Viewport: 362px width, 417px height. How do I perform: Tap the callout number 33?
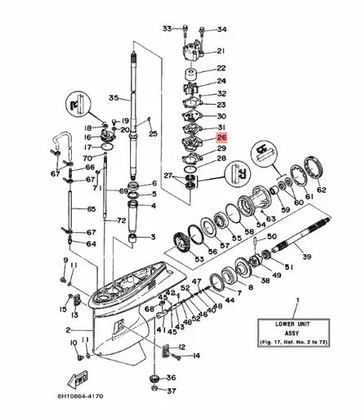pyautogui.click(x=166, y=29)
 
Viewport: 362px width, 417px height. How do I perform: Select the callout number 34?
pyautogui.click(x=222, y=29)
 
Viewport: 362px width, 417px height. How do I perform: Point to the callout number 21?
pyautogui.click(x=221, y=51)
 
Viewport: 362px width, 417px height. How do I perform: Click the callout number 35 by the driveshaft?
pyautogui.click(x=114, y=97)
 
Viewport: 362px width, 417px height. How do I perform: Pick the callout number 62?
pyautogui.click(x=321, y=190)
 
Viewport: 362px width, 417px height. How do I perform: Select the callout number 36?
pyautogui.click(x=170, y=378)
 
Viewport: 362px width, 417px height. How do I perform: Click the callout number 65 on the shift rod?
pyautogui.click(x=79, y=209)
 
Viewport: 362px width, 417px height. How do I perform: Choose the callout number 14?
pyautogui.click(x=196, y=356)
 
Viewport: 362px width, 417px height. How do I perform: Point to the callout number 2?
pyautogui.click(x=69, y=330)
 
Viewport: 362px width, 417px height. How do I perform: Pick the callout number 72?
pyautogui.click(x=120, y=222)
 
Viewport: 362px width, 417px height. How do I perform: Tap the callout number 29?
pyautogui.click(x=221, y=149)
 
